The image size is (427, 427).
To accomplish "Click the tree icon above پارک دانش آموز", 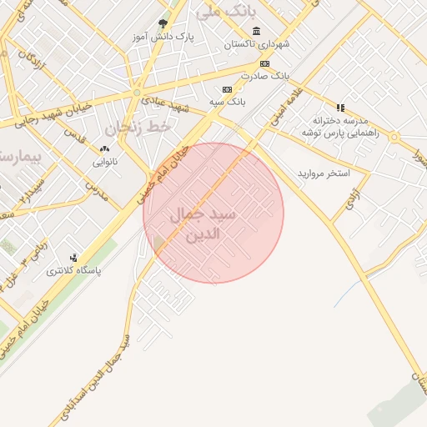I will coord(163,24).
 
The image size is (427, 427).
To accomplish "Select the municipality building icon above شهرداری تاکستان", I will coord(255,32).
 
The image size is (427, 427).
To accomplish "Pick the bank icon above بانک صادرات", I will coord(264,63).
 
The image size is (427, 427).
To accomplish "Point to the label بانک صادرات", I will coord(264,75).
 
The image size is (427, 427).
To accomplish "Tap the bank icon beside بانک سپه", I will coord(226,89).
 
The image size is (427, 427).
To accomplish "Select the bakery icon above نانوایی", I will coord(104,148).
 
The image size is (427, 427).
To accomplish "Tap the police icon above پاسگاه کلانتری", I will coord(73,258).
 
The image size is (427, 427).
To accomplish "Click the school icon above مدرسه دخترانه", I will coord(339,107).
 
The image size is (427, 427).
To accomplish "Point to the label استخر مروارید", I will coord(324,173).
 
